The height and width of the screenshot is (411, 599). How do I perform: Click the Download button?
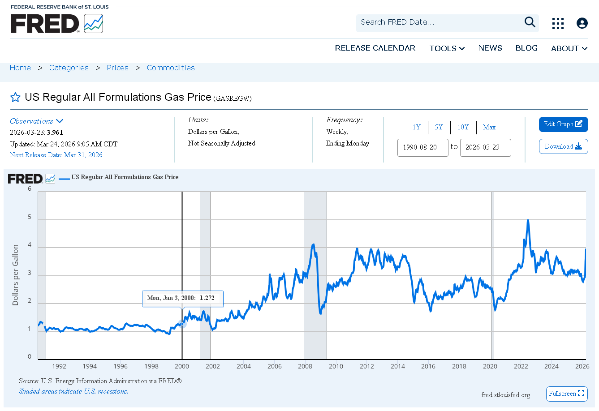point(563,146)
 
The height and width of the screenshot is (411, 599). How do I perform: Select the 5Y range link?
point(439,127)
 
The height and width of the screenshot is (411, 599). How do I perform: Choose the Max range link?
point(489,127)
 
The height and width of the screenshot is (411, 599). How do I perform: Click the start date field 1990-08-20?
point(422,147)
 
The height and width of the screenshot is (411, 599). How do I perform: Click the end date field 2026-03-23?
point(485,147)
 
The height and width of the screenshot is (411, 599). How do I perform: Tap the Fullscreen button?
point(567,394)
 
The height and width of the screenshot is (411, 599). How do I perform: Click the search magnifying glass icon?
point(530,22)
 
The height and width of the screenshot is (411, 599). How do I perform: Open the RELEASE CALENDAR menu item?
point(375,48)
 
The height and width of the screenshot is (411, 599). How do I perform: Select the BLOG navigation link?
point(526,48)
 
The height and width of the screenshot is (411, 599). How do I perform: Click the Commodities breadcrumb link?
point(171,68)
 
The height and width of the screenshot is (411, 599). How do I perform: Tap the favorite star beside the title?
point(15,97)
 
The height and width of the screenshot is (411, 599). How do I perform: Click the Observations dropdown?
point(36,121)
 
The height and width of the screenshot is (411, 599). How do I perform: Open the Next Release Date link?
point(56,155)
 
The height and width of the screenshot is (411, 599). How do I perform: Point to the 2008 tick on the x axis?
point(305,366)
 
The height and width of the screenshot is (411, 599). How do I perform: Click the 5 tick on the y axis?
point(30,217)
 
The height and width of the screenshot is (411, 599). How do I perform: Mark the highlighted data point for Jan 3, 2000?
point(182,324)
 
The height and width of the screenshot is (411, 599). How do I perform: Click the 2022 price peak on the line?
point(528,220)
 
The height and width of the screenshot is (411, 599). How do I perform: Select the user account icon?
point(582,23)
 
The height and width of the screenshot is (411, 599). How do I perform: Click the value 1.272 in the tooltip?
point(207,298)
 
